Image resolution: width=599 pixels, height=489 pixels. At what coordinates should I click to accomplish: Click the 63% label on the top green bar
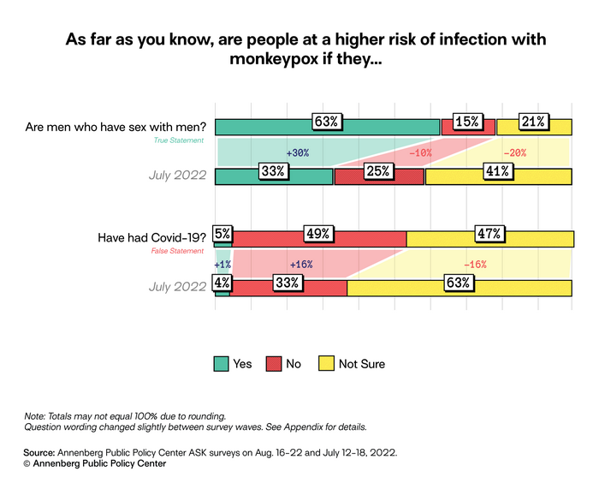326,122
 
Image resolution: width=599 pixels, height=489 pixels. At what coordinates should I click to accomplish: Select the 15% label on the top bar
467,122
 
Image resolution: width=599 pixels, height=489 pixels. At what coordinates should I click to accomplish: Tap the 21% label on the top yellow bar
533,122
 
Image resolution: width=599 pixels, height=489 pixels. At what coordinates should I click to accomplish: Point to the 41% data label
497,171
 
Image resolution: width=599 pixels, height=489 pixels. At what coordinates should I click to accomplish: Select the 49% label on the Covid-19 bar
317,234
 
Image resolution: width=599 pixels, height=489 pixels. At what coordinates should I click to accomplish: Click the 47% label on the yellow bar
489,234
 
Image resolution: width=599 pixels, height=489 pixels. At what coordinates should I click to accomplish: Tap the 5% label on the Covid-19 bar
222,234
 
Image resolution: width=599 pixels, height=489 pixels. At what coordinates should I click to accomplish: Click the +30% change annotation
297,153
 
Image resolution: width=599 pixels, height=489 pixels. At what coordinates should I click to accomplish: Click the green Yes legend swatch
222,364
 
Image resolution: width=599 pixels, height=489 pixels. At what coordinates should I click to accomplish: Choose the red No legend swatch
273,364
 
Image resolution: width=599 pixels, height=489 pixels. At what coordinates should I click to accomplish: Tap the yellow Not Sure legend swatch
325,364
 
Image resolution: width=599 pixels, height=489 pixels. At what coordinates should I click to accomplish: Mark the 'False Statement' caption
179,251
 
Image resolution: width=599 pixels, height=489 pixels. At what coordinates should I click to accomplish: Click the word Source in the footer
39,450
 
